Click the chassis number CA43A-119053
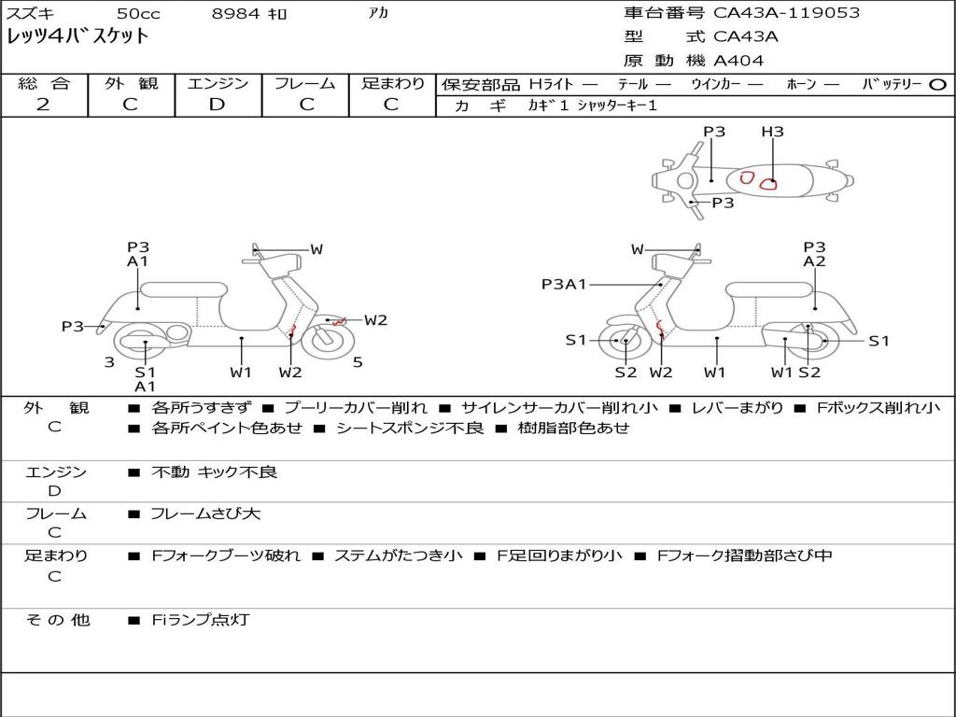pos(786,13)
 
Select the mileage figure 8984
pos(236,14)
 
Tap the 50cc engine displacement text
pos(137,14)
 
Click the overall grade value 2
pos(43,105)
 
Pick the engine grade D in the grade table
pos(217,105)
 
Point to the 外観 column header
pos(131,84)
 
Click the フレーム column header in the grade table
pos(305,84)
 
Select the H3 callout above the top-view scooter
pos(772,132)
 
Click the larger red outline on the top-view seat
pos(767,182)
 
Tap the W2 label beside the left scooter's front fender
pos(375,320)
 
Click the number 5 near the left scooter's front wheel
pos(358,362)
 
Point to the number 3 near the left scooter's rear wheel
pos(109,362)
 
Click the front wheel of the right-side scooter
pos(624,342)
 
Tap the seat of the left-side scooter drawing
pos(183,289)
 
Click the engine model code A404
pos(738,61)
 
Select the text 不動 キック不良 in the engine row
pos(214,472)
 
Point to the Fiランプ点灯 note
pos(200,620)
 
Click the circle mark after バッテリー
pos(938,84)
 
